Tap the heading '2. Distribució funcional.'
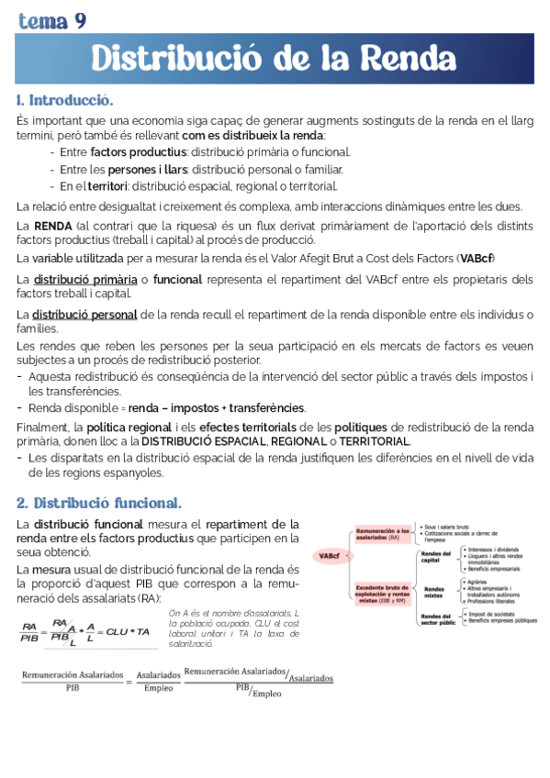coord(99,503)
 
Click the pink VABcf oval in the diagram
coord(328,555)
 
